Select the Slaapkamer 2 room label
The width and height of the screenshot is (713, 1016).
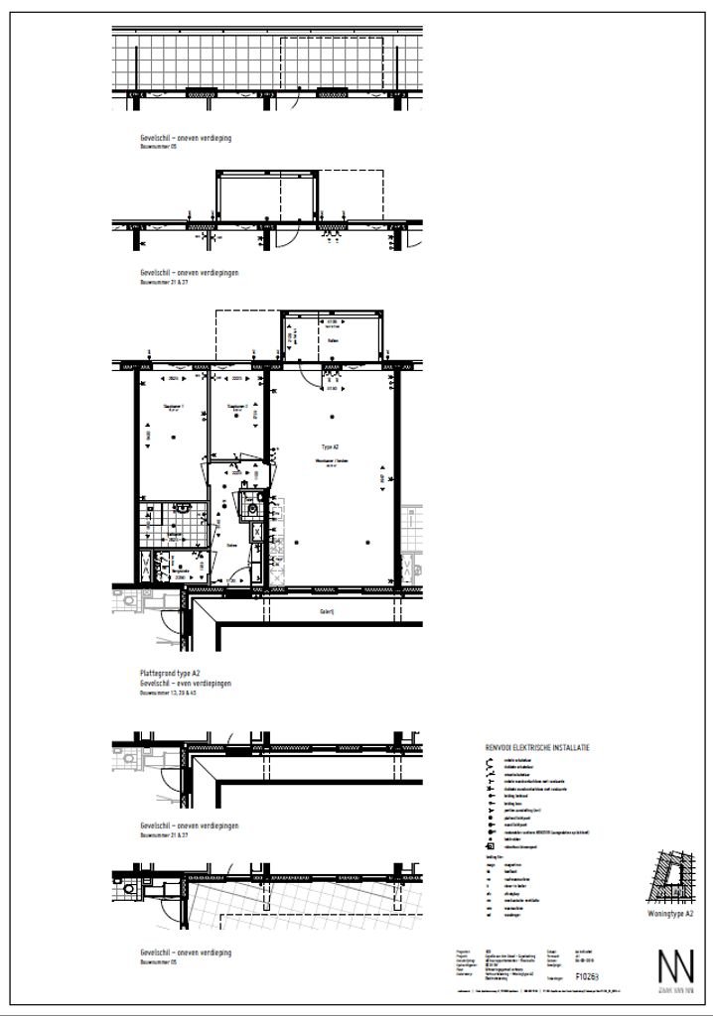pyautogui.click(x=236, y=406)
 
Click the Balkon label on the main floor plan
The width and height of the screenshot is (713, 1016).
pyautogui.click(x=333, y=343)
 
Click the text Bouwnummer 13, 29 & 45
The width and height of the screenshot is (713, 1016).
pyautogui.click(x=171, y=694)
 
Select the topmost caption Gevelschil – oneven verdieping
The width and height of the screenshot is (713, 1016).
pyautogui.click(x=186, y=138)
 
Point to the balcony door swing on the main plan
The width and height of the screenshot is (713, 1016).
pyautogui.click(x=316, y=378)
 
